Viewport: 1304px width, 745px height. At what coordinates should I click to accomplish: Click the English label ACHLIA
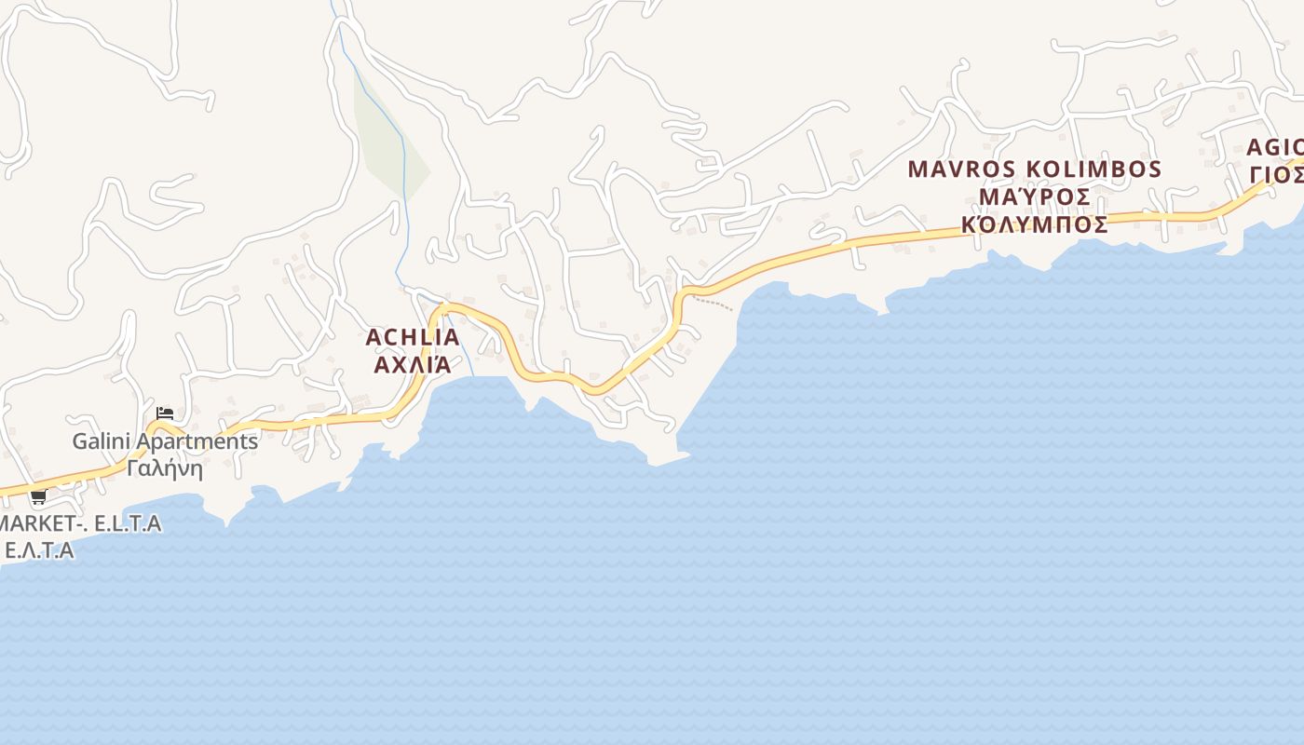tap(413, 337)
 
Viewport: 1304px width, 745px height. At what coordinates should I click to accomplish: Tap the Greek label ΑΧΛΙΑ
tap(413, 364)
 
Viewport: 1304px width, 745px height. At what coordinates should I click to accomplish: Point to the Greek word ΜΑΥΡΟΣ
tap(1035, 197)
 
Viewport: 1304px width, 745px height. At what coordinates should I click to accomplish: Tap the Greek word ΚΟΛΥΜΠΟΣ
tap(1035, 225)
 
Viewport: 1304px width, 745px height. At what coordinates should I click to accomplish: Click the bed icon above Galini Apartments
tap(165, 413)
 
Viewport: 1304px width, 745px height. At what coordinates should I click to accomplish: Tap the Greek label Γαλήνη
tap(165, 467)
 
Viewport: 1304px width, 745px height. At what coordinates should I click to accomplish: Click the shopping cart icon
tap(38, 496)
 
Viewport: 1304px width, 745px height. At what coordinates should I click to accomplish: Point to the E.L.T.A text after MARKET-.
tap(128, 523)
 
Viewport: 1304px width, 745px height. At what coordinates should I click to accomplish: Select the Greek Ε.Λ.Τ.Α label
tap(39, 550)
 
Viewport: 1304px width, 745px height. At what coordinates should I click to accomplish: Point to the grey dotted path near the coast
tap(714, 304)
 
